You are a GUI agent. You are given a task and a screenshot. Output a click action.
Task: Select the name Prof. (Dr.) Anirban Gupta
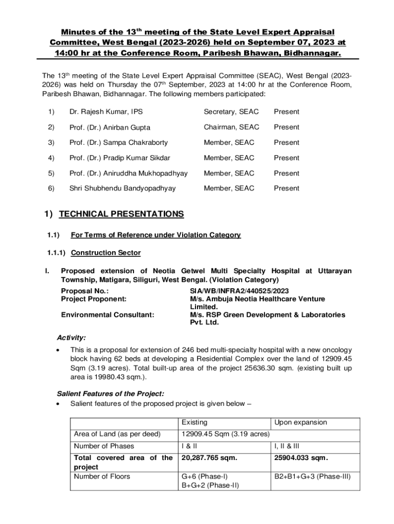tap(110, 127)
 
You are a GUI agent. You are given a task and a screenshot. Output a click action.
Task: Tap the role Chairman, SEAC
tap(231, 127)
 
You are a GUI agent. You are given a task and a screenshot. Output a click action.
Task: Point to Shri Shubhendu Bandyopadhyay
tap(122, 188)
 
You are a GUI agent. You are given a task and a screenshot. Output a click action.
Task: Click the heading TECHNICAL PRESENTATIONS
tap(121, 214)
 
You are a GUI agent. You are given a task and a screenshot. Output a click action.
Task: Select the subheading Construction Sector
tap(105, 253)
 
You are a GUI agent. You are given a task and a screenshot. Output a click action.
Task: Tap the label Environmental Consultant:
tap(107, 315)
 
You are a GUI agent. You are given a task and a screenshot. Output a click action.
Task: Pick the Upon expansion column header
tap(300, 423)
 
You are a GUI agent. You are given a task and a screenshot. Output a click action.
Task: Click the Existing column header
tap(194, 423)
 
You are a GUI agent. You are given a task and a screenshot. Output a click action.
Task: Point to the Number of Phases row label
tap(104, 446)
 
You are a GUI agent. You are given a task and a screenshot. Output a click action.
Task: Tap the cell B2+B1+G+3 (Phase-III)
tap(313, 476)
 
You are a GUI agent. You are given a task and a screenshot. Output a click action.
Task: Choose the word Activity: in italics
tap(71, 338)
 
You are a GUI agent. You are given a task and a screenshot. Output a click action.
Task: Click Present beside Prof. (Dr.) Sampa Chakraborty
tap(287, 143)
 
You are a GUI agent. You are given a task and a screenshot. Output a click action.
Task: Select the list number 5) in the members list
tap(51, 173)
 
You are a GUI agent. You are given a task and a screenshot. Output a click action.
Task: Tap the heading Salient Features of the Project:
tap(110, 394)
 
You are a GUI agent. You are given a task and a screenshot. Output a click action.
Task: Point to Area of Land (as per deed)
tap(117, 434)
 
